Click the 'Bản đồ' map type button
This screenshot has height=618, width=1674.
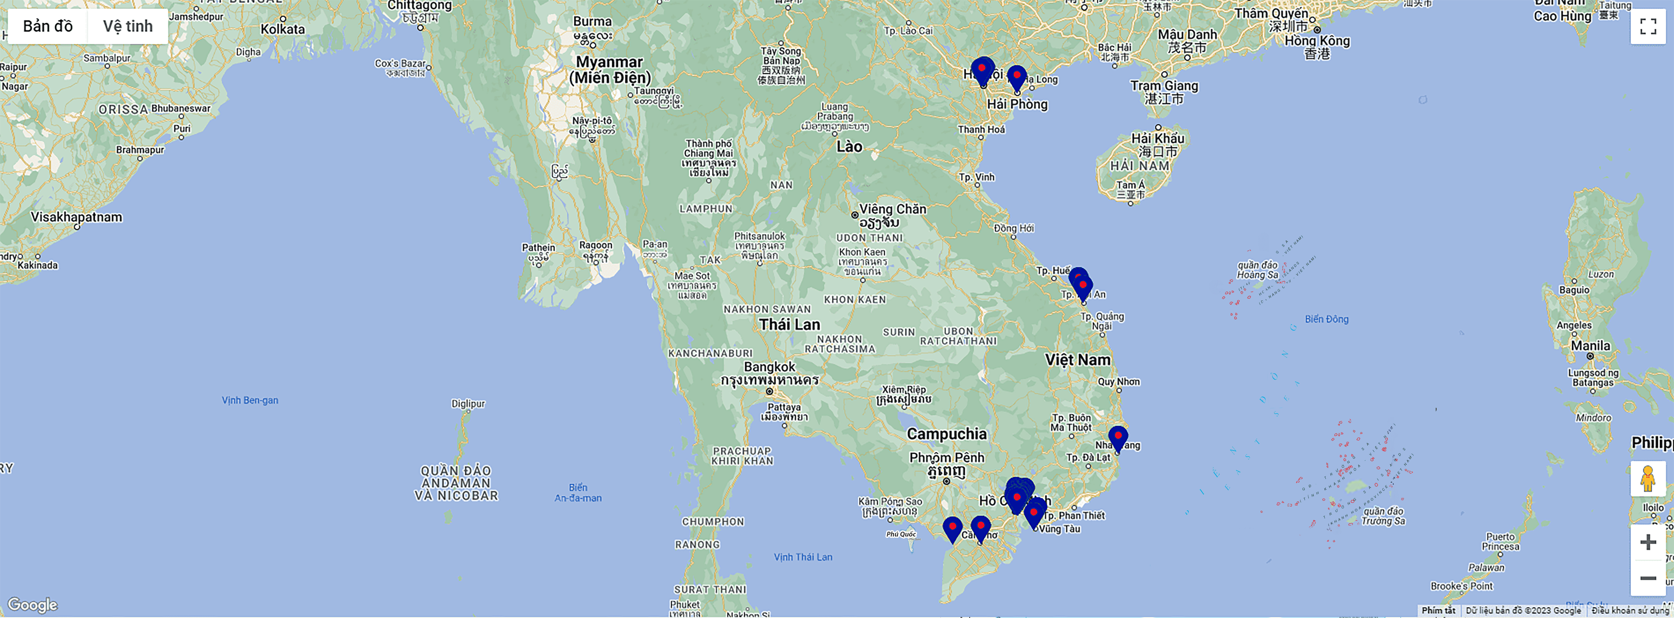click(x=47, y=26)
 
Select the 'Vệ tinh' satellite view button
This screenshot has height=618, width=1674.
click(x=127, y=26)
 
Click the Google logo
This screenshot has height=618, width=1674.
click(x=33, y=605)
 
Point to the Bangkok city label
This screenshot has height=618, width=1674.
click(x=769, y=367)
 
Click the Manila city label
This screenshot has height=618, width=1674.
click(x=1590, y=345)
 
